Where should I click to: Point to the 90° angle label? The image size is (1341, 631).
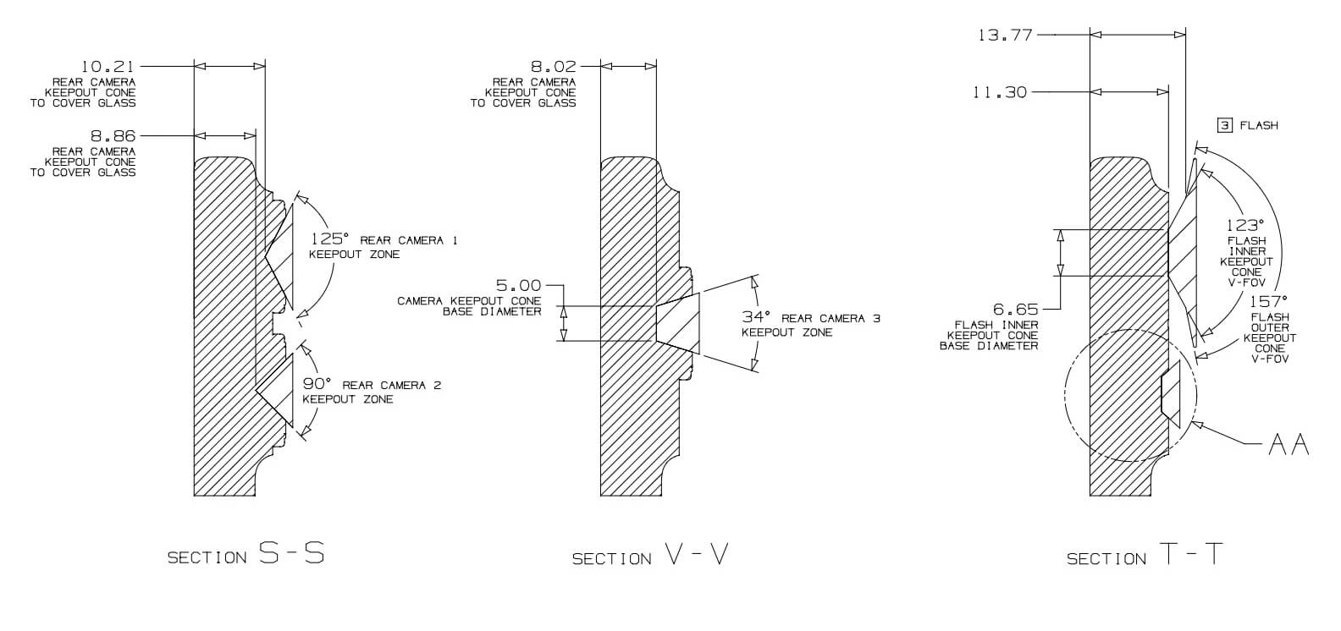pos(317,384)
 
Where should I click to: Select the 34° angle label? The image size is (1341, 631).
pos(756,317)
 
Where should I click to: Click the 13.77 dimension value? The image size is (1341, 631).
pos(1005,36)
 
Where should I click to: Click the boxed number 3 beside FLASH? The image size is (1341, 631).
pos(1225,125)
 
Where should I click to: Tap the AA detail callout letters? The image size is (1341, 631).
pos(1289,444)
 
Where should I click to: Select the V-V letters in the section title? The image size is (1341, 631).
pos(696,556)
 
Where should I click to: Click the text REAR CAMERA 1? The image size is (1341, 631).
pos(409,241)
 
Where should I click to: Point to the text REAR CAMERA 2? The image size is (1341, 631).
pos(392,386)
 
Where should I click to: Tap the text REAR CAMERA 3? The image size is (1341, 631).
pos(831,319)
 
